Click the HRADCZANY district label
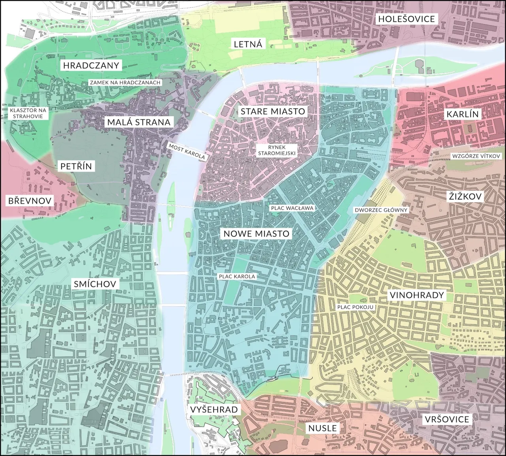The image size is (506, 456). (x=91, y=65)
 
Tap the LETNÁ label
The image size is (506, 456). (x=248, y=44)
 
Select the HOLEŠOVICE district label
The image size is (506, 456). (x=406, y=19)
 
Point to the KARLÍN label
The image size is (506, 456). (x=463, y=115)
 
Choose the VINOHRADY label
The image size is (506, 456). (x=417, y=295)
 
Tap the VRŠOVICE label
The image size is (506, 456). (x=447, y=419)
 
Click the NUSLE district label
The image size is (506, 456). (x=323, y=428)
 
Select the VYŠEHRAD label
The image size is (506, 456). (x=213, y=409)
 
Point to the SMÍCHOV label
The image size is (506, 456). (x=95, y=284)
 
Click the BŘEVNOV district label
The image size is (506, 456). (x=30, y=201)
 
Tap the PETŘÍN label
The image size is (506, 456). (x=76, y=166)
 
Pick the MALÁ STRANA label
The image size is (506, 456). (x=139, y=122)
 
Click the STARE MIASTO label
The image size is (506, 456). (x=273, y=111)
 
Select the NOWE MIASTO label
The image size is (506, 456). (x=257, y=234)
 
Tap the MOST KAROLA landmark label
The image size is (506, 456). (x=187, y=151)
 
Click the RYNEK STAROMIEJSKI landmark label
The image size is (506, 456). (x=276, y=150)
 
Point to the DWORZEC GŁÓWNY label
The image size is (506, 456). (x=381, y=210)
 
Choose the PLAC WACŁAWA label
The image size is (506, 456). (x=292, y=208)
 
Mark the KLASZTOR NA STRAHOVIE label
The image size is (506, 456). (x=28, y=113)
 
